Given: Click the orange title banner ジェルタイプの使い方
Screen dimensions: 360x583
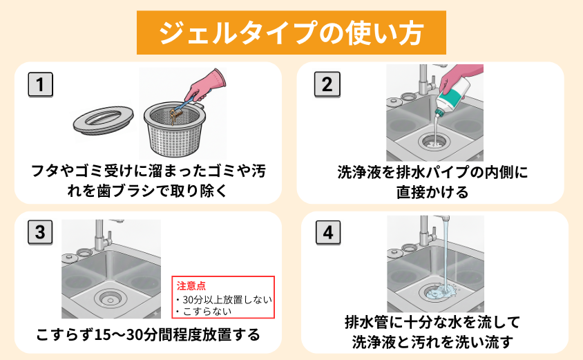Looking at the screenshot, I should pyautogui.click(x=290, y=32).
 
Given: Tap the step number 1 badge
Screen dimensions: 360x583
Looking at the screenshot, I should pyautogui.click(x=41, y=84).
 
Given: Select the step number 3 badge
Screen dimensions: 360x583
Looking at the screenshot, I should pyautogui.click(x=41, y=233).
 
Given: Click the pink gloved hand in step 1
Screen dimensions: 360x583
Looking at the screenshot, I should pyautogui.click(x=207, y=84).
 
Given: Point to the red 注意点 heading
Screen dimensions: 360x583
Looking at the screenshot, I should pyautogui.click(x=191, y=285).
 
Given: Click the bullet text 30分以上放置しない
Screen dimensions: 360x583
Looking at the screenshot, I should pyautogui.click(x=224, y=299).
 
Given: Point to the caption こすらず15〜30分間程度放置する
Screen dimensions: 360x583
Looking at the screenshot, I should pyautogui.click(x=148, y=335).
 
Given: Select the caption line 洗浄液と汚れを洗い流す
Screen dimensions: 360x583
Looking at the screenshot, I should pyautogui.click(x=432, y=341).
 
